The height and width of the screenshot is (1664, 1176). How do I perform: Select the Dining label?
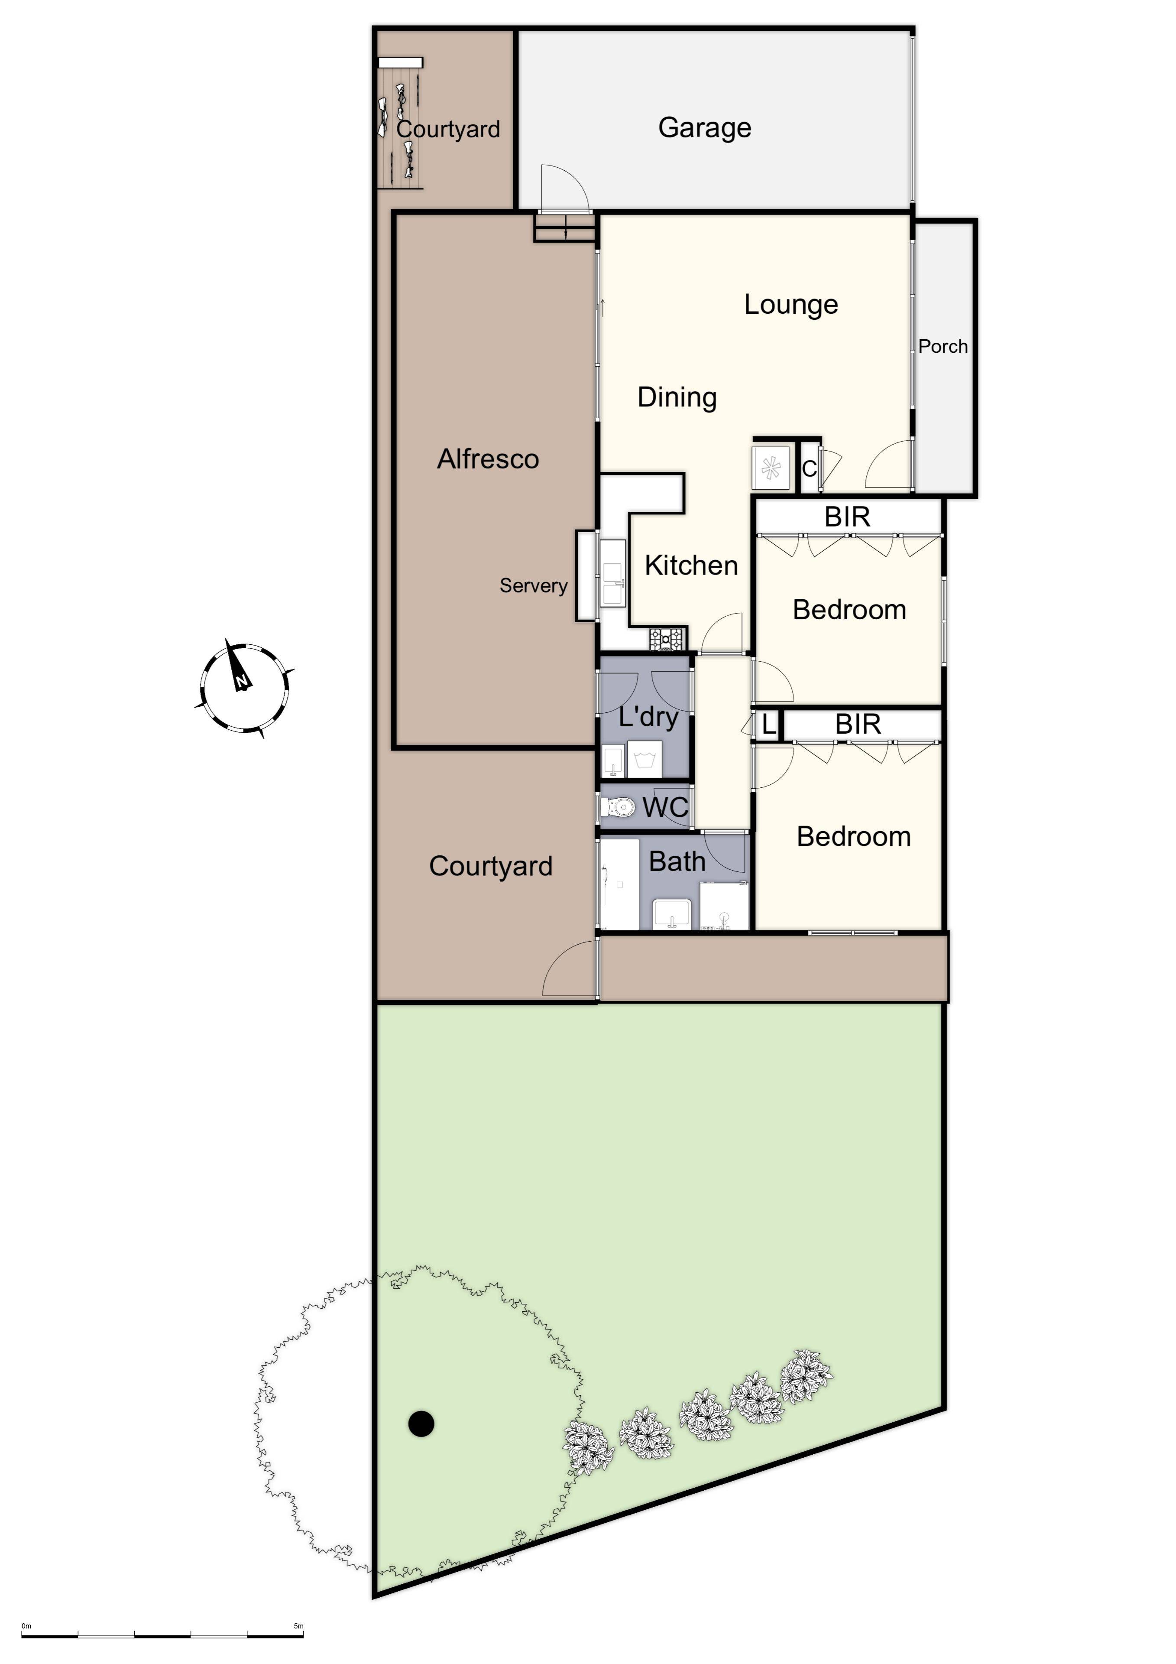(677, 397)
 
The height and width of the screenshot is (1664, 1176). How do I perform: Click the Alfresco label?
(488, 459)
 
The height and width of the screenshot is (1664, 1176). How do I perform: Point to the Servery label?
(533, 585)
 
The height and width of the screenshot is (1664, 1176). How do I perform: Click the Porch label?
(942, 346)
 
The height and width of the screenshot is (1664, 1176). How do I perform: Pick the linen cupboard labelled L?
(768, 724)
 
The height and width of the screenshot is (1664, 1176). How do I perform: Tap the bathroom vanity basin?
(672, 914)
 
